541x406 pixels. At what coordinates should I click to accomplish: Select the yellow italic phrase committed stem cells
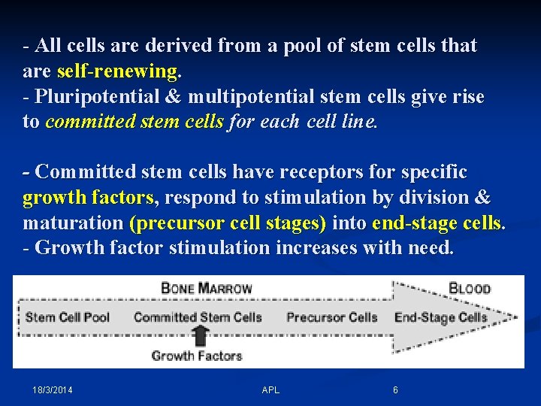[134, 123]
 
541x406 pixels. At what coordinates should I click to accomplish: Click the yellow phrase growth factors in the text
[88, 198]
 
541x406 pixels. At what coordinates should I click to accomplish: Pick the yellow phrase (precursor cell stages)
[228, 223]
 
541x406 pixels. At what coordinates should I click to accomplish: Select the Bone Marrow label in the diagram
[207, 288]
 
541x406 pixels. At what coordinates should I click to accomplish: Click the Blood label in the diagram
[469, 288]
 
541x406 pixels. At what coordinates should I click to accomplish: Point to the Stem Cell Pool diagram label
[68, 317]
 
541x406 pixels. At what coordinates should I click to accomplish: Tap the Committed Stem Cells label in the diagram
[198, 317]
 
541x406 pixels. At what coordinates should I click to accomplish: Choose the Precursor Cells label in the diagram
[331, 317]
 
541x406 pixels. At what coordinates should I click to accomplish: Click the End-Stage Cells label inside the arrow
[440, 317]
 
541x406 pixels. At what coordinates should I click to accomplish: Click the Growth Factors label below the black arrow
[197, 355]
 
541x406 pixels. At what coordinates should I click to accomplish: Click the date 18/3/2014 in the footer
[53, 390]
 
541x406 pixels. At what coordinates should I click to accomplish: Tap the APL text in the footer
[270, 390]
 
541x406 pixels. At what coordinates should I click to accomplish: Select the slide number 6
[396, 390]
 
